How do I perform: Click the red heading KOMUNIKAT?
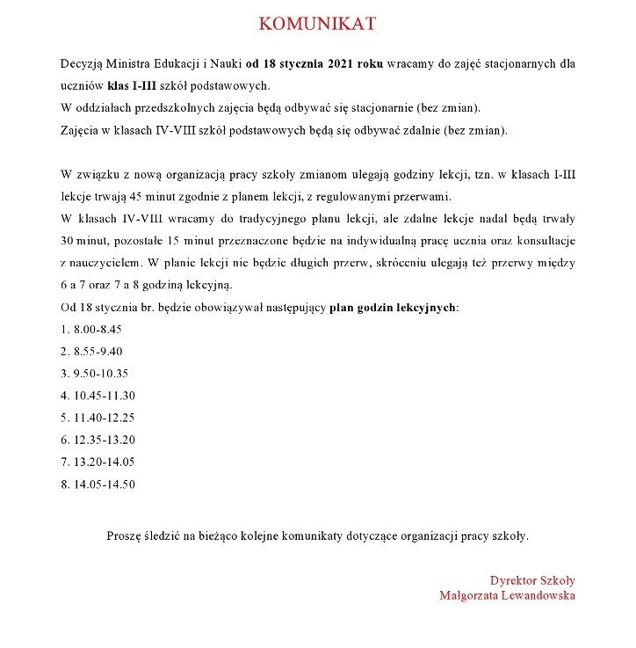(x=318, y=24)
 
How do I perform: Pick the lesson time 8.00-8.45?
(x=98, y=330)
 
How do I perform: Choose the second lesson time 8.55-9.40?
(x=98, y=352)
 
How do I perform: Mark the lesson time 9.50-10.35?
(x=101, y=374)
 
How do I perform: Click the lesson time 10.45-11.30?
(x=105, y=396)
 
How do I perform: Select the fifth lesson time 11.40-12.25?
(x=105, y=418)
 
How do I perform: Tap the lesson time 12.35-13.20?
(x=105, y=440)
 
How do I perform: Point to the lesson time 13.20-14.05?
(x=105, y=462)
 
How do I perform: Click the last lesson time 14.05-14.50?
(x=105, y=484)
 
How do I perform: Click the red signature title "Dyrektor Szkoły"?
(x=532, y=580)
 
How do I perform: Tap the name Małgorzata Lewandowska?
(x=507, y=595)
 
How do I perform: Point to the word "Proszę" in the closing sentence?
(x=124, y=535)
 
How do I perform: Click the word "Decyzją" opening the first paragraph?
(x=83, y=64)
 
